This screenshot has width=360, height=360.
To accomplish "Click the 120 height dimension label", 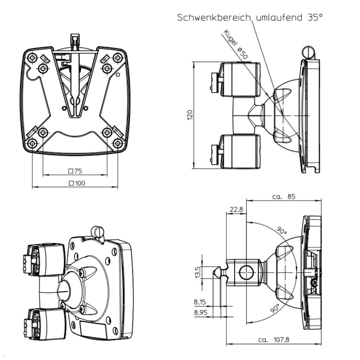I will (190, 115).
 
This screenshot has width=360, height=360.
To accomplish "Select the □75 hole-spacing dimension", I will (75, 171).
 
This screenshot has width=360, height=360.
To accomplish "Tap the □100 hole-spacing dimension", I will (77, 183).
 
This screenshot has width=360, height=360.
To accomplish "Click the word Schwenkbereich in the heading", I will (213, 17).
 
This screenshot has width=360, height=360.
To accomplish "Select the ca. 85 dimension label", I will (283, 196).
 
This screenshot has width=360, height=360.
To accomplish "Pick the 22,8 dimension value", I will (236, 209).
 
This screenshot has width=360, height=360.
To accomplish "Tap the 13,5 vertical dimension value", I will (198, 271).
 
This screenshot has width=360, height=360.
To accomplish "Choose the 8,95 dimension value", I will (200, 313).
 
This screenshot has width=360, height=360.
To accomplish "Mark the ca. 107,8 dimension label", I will (274, 340).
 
